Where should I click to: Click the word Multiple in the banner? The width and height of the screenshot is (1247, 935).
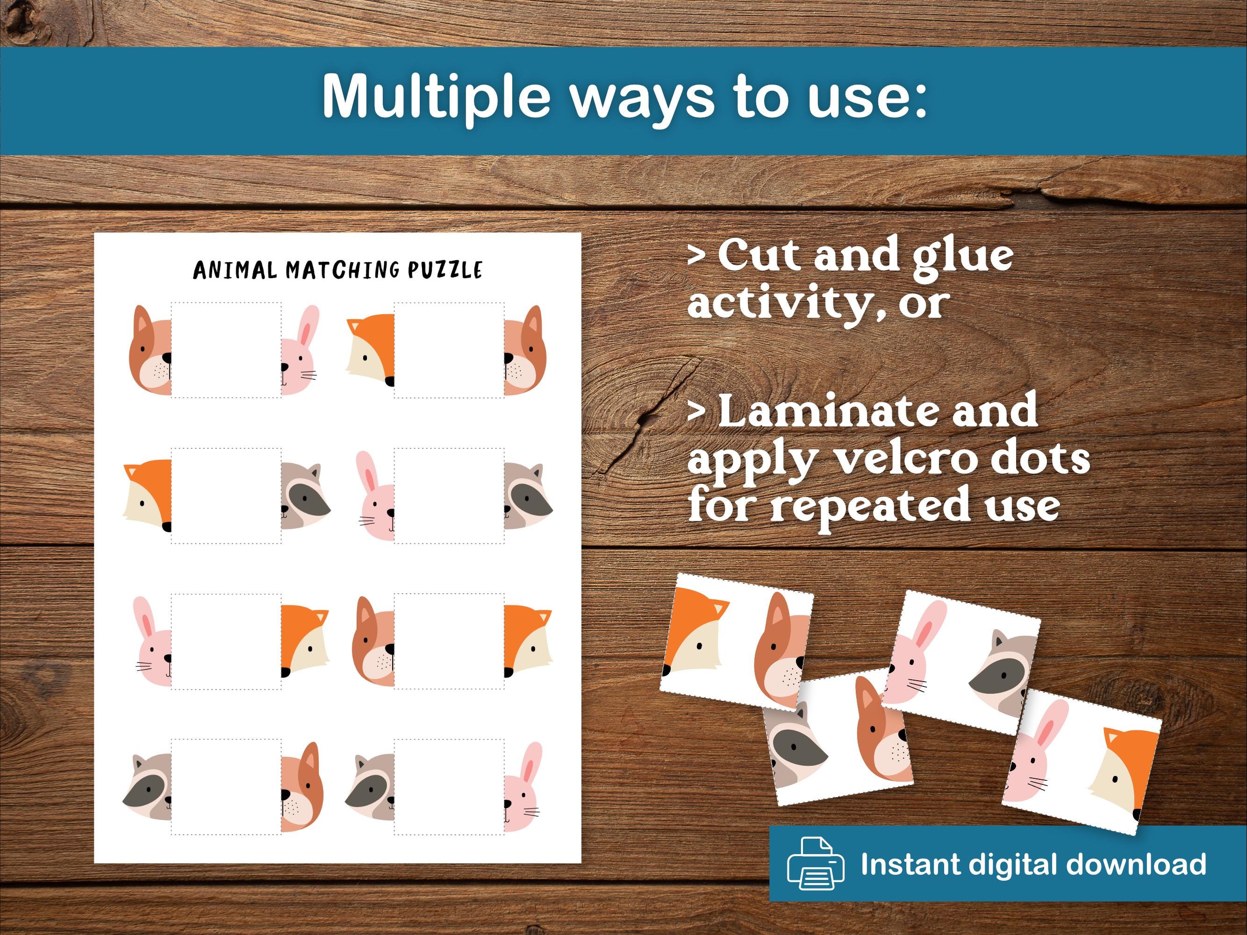pyautogui.click(x=435, y=96)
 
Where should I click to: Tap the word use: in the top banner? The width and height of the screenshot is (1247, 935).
pyautogui.click(x=867, y=96)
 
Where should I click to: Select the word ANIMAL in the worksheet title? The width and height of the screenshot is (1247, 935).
pyautogui.click(x=235, y=270)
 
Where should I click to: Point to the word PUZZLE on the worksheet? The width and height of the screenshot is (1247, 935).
pyautogui.click(x=445, y=270)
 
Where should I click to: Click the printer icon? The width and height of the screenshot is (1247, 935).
pyautogui.click(x=815, y=864)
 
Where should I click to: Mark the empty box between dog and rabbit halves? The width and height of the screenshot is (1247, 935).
pyautogui.click(x=226, y=350)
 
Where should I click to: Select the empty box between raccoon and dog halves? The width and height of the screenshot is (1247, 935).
pyautogui.click(x=226, y=786)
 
